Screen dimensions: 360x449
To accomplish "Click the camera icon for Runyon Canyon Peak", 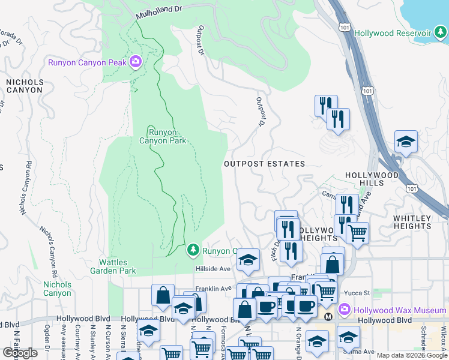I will pos(135,61).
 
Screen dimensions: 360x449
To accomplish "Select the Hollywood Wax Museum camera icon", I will pos(345,310).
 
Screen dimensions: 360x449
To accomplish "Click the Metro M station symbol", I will pos(328,316).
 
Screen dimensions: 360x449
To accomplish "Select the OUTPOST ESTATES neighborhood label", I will pos(264,164).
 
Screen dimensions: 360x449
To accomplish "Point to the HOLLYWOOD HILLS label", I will pos(372,179).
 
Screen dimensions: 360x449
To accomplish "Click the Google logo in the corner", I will pos(20,353).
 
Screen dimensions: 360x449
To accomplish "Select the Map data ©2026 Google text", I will pos(412,355).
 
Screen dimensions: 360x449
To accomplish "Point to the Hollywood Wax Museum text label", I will pos(399,310).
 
